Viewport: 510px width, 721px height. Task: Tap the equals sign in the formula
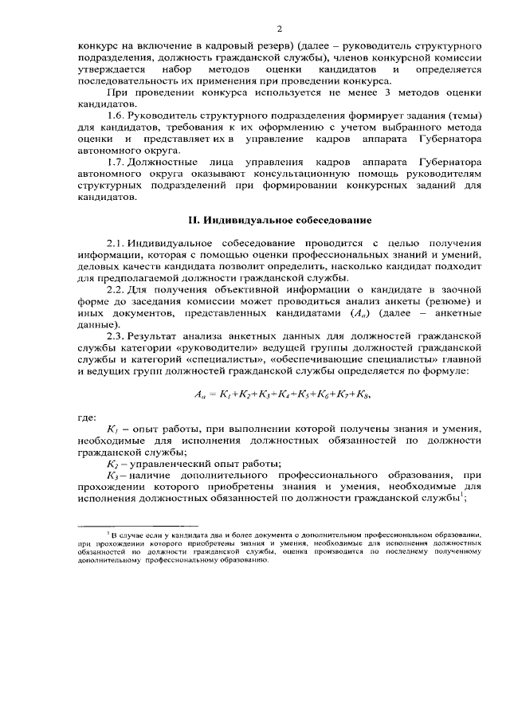(214, 394)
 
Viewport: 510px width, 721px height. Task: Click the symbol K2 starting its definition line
(113, 462)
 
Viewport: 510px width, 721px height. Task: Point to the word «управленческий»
(169, 462)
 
